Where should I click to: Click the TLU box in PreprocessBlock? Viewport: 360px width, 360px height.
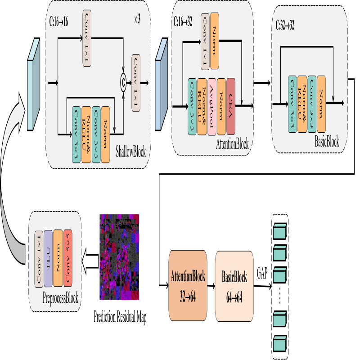(x=48, y=258)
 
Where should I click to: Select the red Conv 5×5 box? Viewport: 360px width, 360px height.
(x=67, y=258)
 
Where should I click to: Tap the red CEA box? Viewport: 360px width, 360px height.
(x=231, y=106)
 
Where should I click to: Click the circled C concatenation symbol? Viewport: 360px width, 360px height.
(x=122, y=81)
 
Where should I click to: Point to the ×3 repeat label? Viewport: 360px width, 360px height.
(x=138, y=20)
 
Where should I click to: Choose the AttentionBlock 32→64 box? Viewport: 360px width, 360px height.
(x=188, y=286)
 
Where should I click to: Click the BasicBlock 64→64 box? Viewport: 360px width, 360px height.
(x=234, y=286)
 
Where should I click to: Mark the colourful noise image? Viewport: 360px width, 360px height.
(x=119, y=257)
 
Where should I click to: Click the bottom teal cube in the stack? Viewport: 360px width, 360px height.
(x=280, y=343)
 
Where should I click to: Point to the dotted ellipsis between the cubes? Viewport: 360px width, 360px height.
(x=280, y=295)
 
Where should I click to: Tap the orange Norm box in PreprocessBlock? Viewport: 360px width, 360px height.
(x=58, y=258)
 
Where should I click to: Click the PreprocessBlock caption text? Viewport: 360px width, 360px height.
(x=60, y=298)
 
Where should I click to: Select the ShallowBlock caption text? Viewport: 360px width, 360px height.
(x=131, y=152)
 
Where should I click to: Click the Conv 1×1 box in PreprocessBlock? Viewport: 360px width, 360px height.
(x=39, y=258)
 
